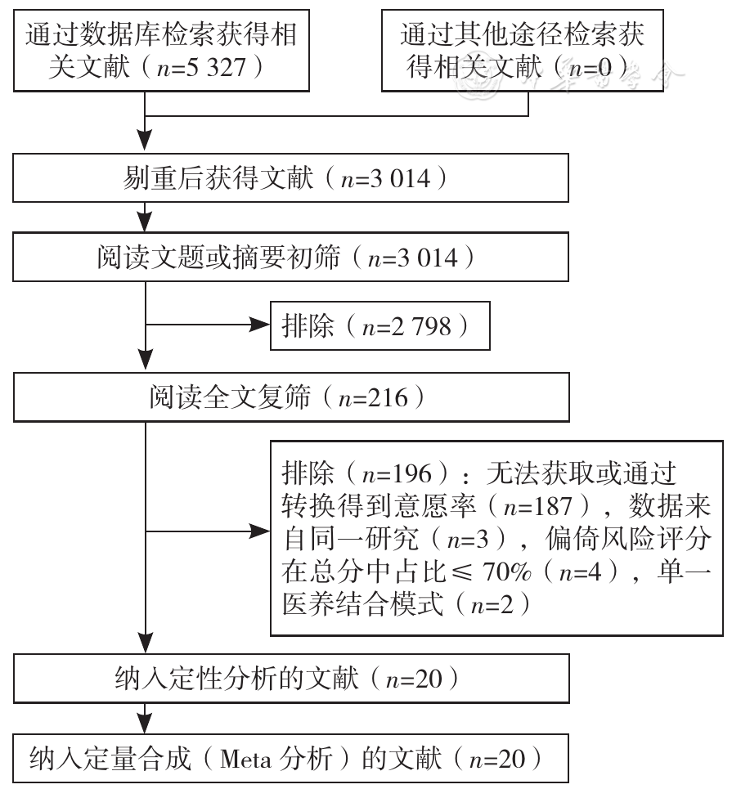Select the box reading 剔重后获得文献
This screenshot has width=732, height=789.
tap(290, 178)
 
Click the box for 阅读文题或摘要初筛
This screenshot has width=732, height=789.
tap(290, 257)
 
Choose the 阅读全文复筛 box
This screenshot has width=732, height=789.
tap(291, 397)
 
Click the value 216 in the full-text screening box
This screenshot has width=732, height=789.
tap(387, 397)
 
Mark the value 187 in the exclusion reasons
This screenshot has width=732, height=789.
tap(552, 506)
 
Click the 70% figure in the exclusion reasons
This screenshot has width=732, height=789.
tap(507, 572)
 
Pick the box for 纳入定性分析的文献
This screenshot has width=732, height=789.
tap(291, 679)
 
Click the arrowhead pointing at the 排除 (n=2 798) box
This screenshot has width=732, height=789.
tap(260, 325)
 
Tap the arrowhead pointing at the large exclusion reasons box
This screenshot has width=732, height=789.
tap(260, 531)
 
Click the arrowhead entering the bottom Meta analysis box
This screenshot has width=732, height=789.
tap(145, 723)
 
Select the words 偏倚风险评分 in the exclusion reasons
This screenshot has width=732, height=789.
tap(628, 539)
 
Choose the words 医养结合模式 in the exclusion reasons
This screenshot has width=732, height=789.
tap(363, 604)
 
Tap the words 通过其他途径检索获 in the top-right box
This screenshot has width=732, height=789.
tap(523, 34)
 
